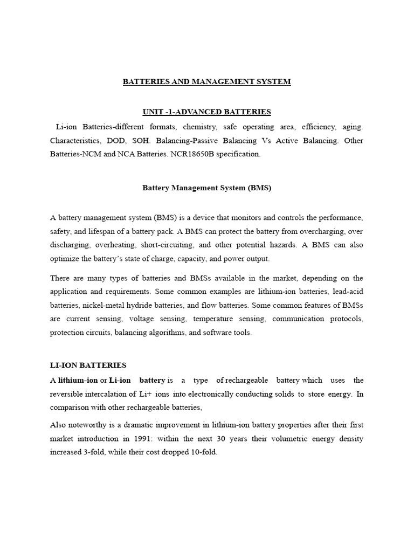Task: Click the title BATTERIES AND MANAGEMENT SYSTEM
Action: (206, 82)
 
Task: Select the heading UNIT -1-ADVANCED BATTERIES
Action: (206, 112)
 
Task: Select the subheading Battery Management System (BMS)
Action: (206, 188)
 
